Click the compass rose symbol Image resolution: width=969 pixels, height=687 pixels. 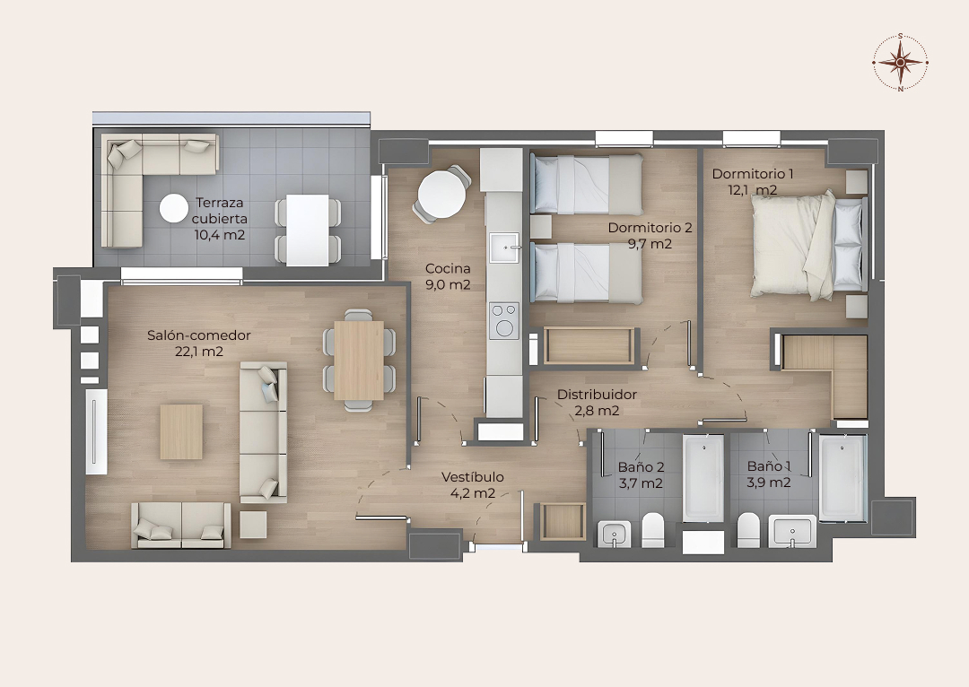(x=901, y=62)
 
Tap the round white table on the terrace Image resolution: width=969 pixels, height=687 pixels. (x=174, y=208)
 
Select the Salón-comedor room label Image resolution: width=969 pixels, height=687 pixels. (x=199, y=335)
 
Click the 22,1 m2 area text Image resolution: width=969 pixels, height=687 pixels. (x=199, y=352)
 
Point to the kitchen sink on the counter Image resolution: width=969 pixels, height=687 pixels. (x=505, y=248)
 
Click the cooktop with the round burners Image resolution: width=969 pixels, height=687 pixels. (x=504, y=320)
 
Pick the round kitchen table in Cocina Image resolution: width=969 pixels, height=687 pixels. (x=441, y=192)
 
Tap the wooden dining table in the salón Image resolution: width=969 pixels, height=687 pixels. (x=359, y=361)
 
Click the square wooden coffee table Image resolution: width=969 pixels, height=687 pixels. (x=181, y=432)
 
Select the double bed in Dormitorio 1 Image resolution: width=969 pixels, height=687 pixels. (x=807, y=245)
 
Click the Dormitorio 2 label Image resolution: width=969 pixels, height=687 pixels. (x=650, y=227)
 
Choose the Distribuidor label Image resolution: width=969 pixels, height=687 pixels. (x=597, y=394)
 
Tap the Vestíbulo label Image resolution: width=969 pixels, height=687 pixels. (x=472, y=477)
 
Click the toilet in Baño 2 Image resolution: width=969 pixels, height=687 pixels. (x=652, y=530)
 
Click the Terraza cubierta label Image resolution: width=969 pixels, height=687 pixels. (x=220, y=211)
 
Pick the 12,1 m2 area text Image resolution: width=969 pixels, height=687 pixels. (x=752, y=190)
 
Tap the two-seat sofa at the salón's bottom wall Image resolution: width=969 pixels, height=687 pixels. (x=181, y=526)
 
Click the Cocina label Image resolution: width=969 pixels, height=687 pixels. (x=448, y=269)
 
